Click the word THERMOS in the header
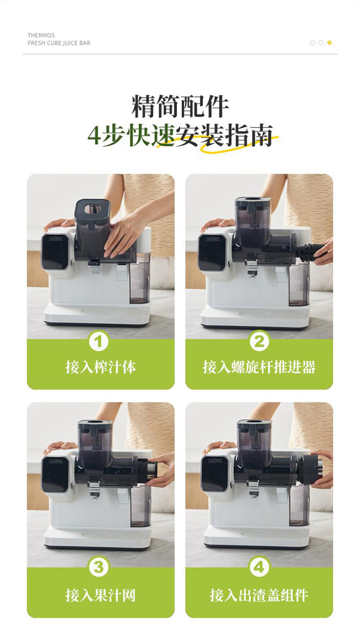click(x=41, y=36)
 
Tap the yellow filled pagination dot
click(x=329, y=43)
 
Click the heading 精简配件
click(x=180, y=107)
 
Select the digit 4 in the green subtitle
click(x=94, y=136)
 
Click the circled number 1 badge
click(x=98, y=341)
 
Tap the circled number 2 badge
click(x=259, y=341)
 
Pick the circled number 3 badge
click(x=98, y=567)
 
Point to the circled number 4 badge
click(x=259, y=567)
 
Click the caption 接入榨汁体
click(x=101, y=367)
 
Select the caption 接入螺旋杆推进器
click(x=259, y=367)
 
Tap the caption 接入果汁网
click(x=101, y=595)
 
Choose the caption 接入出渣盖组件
click(x=259, y=595)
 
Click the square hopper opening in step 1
click(x=92, y=208)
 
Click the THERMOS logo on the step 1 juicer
click(x=55, y=239)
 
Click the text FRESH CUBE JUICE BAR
click(x=59, y=43)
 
